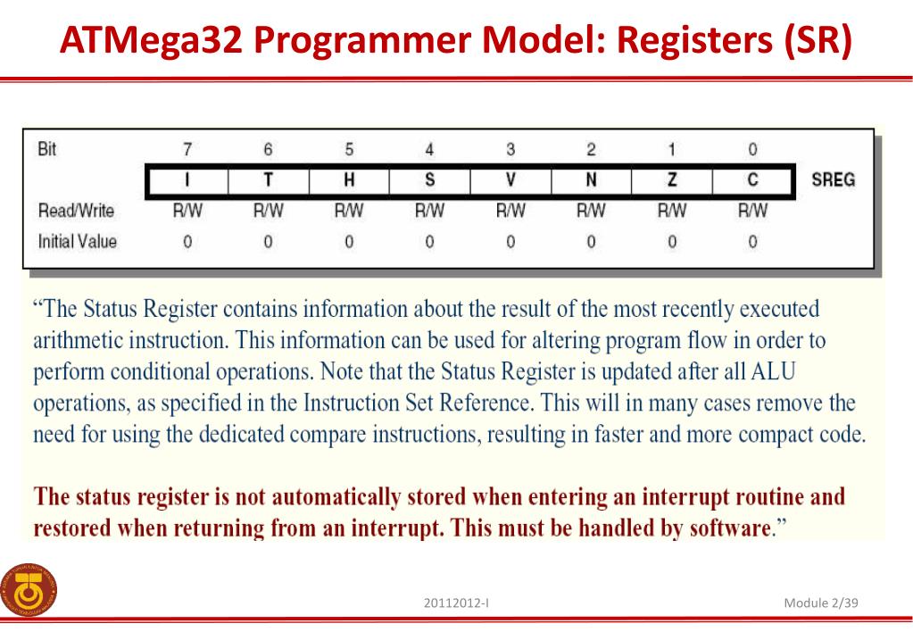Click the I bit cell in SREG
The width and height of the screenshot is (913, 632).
coord(187,179)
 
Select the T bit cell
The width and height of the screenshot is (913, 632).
coord(268,179)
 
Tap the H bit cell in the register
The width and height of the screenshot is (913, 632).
coord(349,179)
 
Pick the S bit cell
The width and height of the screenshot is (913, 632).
coord(429,179)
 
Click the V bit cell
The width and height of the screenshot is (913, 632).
coord(510,179)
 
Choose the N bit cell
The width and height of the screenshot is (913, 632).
coord(591,179)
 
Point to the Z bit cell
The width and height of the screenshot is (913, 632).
coord(672,179)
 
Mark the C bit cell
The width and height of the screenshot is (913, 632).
coord(752,179)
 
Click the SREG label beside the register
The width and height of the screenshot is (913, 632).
coord(833,179)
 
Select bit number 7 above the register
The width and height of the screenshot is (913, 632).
coord(187,149)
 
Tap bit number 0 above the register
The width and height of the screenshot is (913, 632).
coord(752,149)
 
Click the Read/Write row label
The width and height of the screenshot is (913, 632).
coord(76,211)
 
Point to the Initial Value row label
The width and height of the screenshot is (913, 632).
coord(77,240)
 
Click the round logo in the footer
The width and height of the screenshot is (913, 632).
coord(28,590)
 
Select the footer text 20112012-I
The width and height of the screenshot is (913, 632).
coord(461,603)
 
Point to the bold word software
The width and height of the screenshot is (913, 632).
coord(728,527)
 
